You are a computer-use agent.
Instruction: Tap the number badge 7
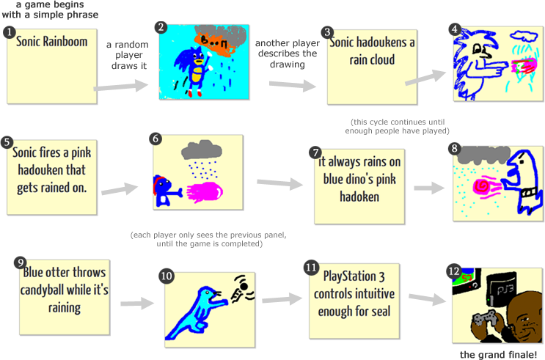315,153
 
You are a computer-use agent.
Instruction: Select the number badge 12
454,271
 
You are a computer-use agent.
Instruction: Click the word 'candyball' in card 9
81,290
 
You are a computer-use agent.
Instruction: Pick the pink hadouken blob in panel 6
209,192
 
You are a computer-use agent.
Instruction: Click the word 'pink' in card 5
81,154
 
